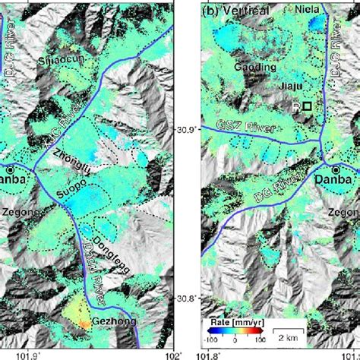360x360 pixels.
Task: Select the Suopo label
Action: tap(69, 184)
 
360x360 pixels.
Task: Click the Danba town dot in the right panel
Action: tap(335, 168)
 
